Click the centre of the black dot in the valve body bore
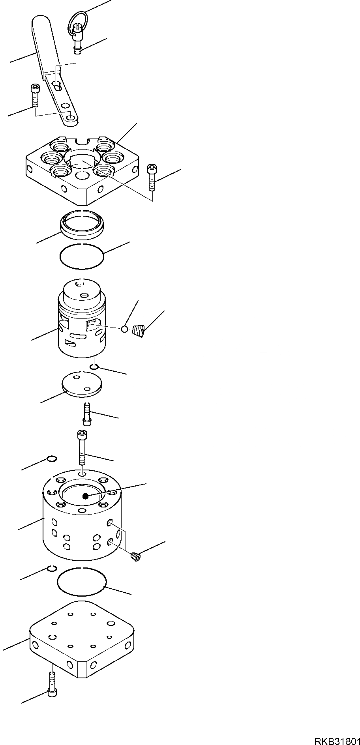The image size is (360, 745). coord(85,496)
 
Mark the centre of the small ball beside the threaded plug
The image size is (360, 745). coord(124,329)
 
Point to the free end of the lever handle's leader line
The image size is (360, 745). coord(10,62)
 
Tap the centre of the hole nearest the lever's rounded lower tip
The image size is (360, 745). coord(71,118)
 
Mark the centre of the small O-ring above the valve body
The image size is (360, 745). coord(52,459)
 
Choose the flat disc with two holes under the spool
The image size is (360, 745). coord(82,384)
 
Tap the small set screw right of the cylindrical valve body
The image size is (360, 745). coord(135,557)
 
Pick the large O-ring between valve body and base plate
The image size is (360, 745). coord(82,582)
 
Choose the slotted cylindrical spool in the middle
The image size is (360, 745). coord(82,318)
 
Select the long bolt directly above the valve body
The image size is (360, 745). coord(82,448)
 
